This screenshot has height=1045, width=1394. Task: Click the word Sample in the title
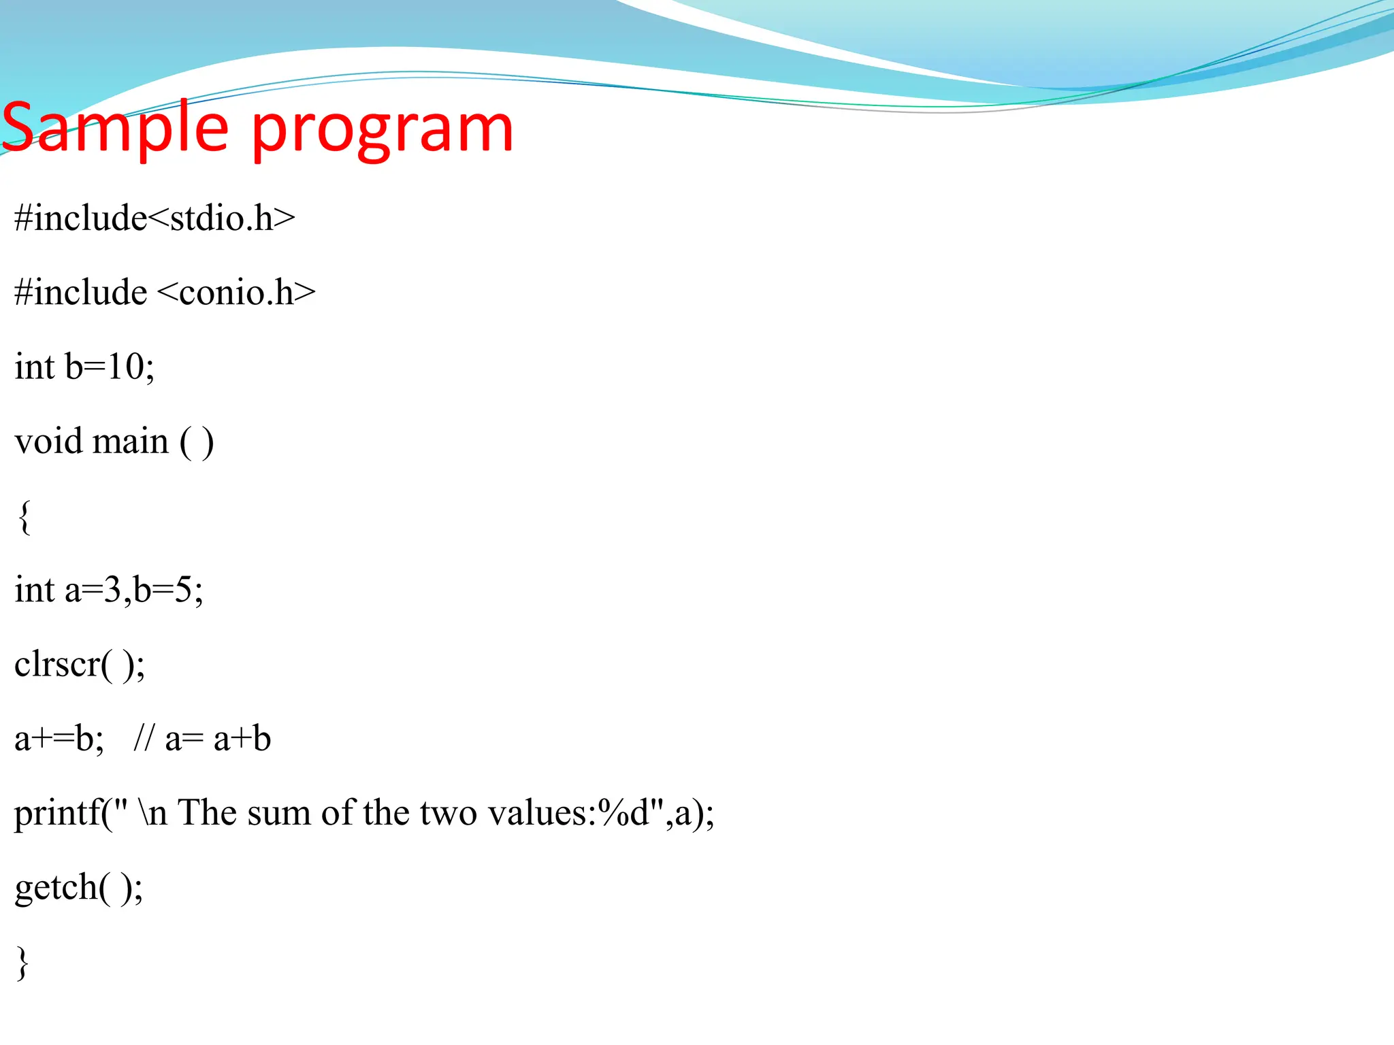[116, 128]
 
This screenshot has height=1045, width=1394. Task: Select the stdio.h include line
[155, 218]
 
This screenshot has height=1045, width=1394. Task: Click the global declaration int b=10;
[84, 367]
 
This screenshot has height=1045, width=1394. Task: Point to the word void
[49, 441]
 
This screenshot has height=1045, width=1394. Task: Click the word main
[130, 441]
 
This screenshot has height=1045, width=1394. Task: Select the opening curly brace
[24, 517]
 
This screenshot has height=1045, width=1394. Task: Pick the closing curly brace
[22, 963]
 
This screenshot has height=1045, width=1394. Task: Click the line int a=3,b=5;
[109, 590]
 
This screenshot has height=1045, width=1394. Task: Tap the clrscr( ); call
[80, 665]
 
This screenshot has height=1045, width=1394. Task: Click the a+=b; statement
[59, 739]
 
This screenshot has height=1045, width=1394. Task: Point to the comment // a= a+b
[202, 739]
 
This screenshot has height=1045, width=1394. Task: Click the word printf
[57, 814]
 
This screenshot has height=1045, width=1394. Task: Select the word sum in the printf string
[278, 814]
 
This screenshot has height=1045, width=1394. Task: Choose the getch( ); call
[79, 888]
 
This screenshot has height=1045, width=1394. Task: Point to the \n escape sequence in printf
[152, 814]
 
